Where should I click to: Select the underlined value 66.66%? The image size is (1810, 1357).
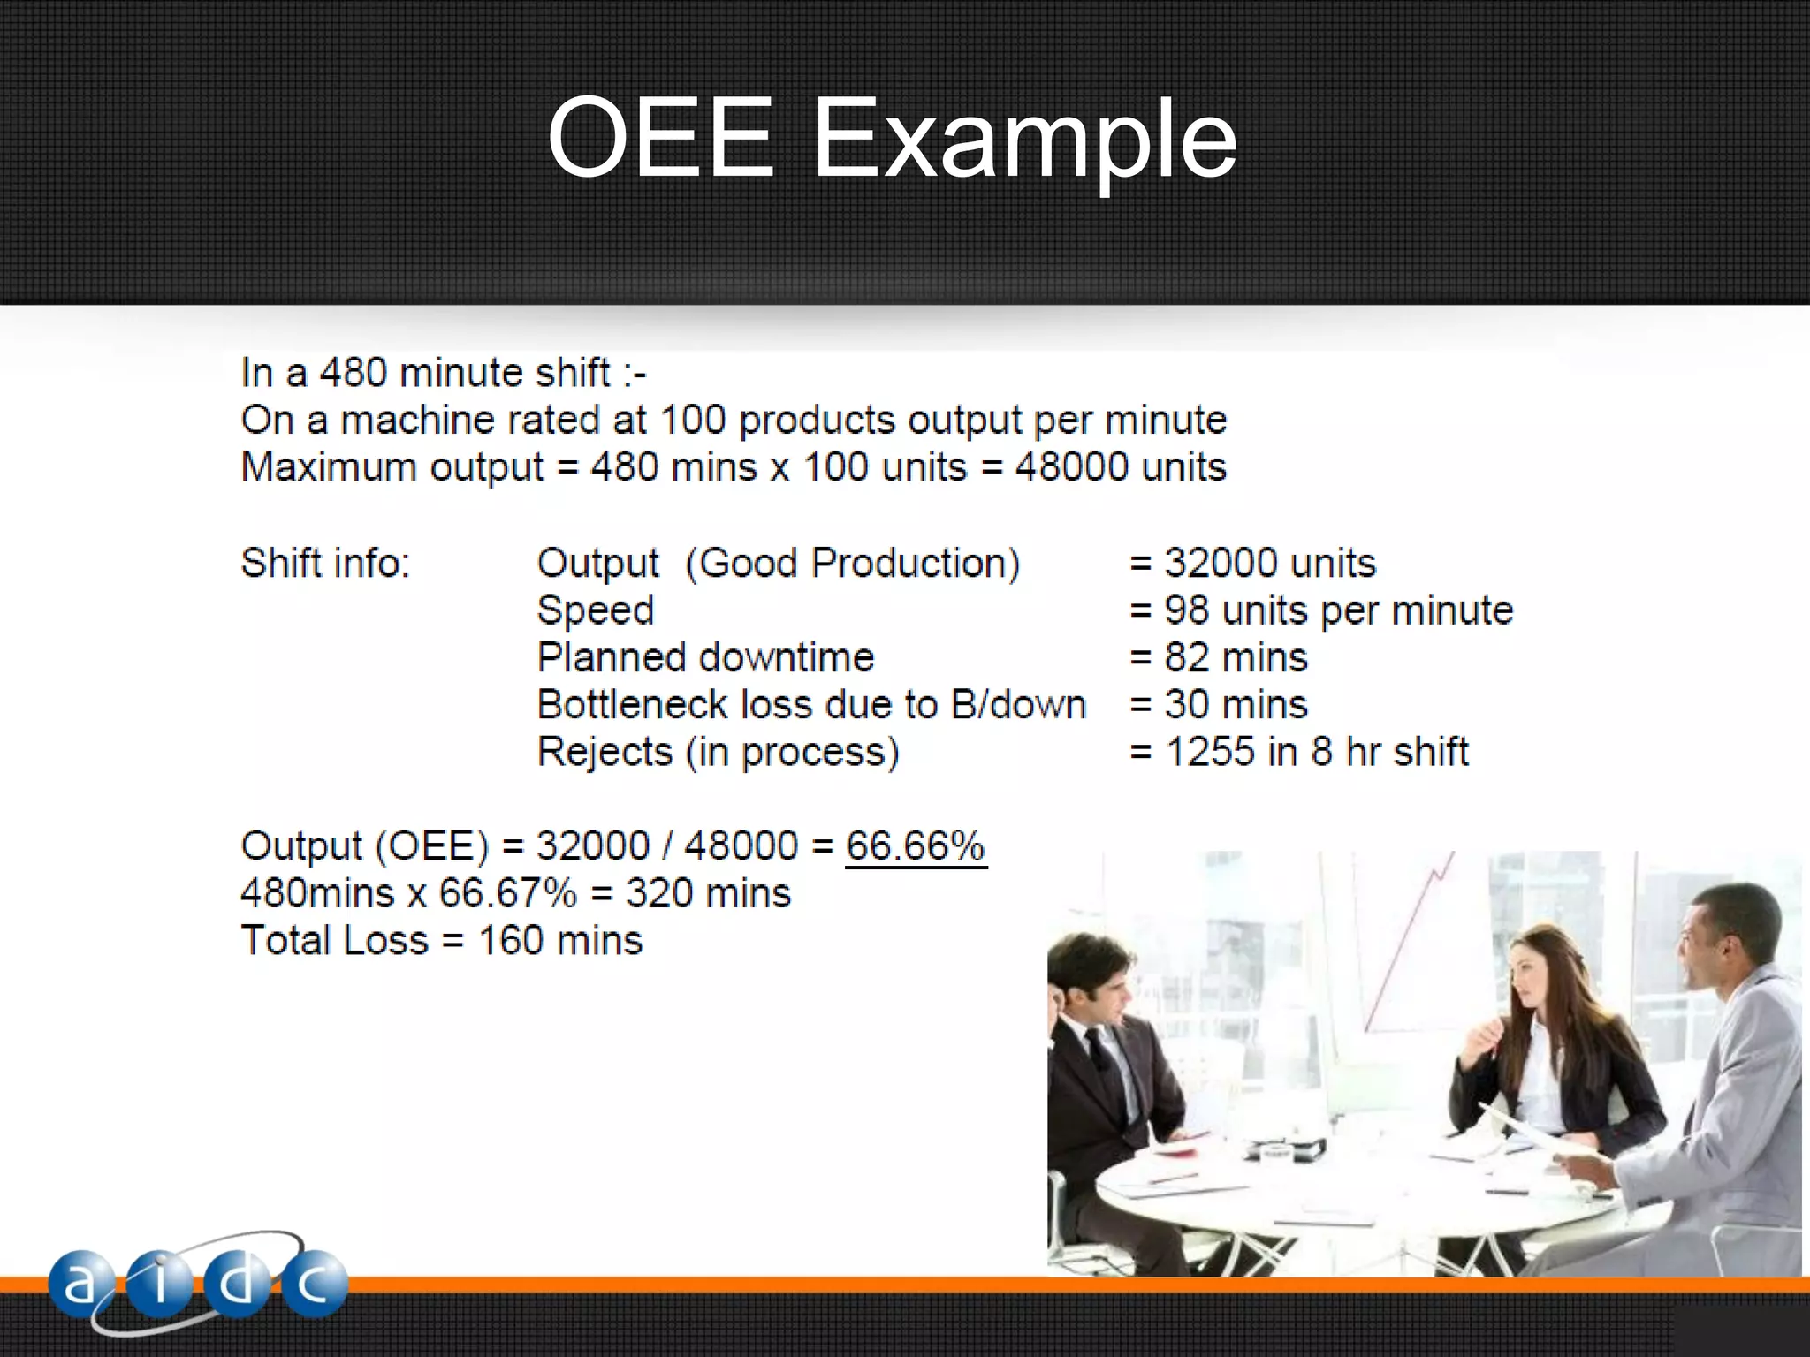pos(915,846)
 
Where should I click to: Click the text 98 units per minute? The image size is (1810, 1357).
pos(1338,610)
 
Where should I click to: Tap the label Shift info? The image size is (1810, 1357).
pos(325,563)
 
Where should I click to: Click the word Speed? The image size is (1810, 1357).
pos(595,610)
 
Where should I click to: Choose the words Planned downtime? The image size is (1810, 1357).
pos(705,658)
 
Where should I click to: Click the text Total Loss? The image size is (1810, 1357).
pos(334,940)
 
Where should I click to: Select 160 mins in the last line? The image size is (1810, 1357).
pos(560,940)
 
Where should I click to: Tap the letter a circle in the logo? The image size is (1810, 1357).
pos(80,1284)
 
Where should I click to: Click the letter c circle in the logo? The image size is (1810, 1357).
pos(313,1284)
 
